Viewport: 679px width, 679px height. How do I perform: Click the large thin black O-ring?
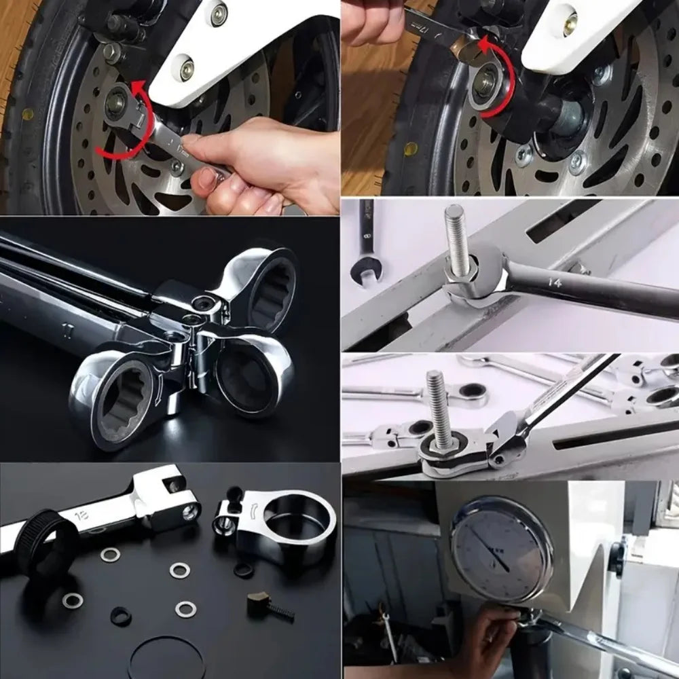[166, 657]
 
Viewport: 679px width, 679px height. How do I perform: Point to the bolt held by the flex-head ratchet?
[438, 411]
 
